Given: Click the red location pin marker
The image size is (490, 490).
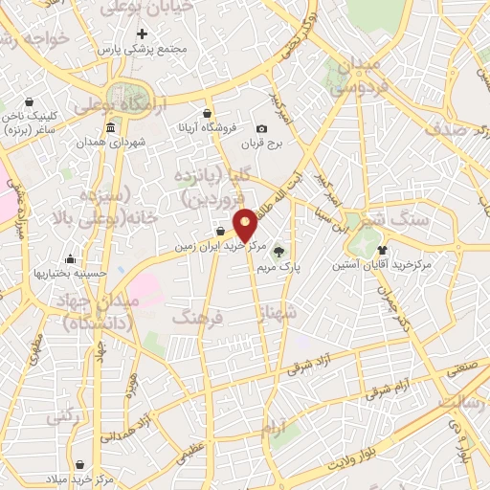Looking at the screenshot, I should tap(245, 223).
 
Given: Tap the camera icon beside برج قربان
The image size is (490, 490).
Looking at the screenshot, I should tap(261, 129).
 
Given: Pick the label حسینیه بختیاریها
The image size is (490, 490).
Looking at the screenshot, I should tap(69, 273).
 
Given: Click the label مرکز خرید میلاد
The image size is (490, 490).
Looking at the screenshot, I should tap(81, 478).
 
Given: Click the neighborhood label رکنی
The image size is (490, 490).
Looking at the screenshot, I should tap(61, 418).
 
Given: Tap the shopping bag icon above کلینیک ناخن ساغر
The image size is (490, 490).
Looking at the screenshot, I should tap(29, 101).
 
